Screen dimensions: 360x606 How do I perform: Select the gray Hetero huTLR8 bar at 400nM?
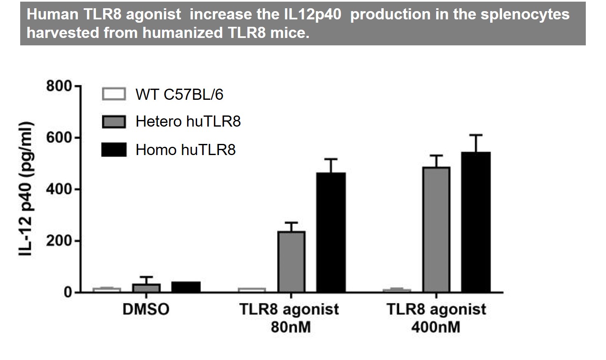pyautogui.click(x=436, y=229)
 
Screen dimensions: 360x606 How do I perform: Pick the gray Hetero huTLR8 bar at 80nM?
pyautogui.click(x=291, y=261)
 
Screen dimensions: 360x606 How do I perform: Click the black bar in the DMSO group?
pyautogui.click(x=186, y=287)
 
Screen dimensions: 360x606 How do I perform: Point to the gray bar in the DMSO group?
pyautogui.click(x=146, y=288)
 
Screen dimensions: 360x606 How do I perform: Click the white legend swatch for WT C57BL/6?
pyautogui.click(x=114, y=94)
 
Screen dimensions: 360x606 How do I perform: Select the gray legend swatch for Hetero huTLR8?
pyautogui.click(x=114, y=122)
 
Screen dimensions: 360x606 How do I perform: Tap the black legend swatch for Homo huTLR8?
pyautogui.click(x=114, y=150)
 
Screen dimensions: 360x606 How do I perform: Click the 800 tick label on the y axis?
pyautogui.click(x=59, y=87)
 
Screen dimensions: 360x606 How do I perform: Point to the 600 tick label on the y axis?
pyautogui.click(x=59, y=138)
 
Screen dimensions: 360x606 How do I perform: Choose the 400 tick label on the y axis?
pyautogui.click(x=59, y=189)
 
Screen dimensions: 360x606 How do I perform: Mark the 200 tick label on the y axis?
pyautogui.click(x=59, y=241)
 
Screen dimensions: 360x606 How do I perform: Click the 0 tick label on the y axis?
pyautogui.click(x=68, y=292)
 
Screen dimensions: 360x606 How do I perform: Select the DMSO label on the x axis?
pyautogui.click(x=146, y=309)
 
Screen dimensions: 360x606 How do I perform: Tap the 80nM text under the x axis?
pyautogui.click(x=291, y=327)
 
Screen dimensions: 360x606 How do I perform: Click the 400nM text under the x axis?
pyautogui.click(x=436, y=327)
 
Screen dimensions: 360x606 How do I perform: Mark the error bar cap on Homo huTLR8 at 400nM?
pyautogui.click(x=476, y=135)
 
